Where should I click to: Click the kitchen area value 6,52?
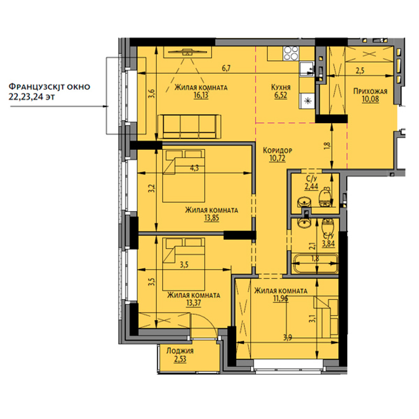[x=281, y=95]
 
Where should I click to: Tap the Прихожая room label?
[x=370, y=91]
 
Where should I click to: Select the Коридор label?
[x=278, y=150]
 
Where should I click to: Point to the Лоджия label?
[x=180, y=351]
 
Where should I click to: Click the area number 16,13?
[x=201, y=95]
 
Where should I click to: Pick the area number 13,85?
[x=212, y=218]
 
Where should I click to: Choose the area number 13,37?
[x=193, y=303]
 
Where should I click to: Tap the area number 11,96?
[x=281, y=298]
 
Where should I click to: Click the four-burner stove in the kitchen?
[x=291, y=53]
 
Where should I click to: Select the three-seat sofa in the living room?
[x=189, y=127]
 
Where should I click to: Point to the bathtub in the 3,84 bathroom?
[x=315, y=264]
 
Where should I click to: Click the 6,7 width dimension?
[x=226, y=69]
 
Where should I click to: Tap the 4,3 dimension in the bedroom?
[x=194, y=168]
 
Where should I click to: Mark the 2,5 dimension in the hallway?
[x=360, y=71]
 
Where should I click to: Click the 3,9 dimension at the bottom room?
[x=288, y=338]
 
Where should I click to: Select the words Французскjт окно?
[x=49, y=86]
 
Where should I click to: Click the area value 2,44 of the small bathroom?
[x=312, y=186]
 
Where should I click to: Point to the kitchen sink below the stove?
[x=306, y=69]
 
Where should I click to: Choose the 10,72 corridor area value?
[x=278, y=158]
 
